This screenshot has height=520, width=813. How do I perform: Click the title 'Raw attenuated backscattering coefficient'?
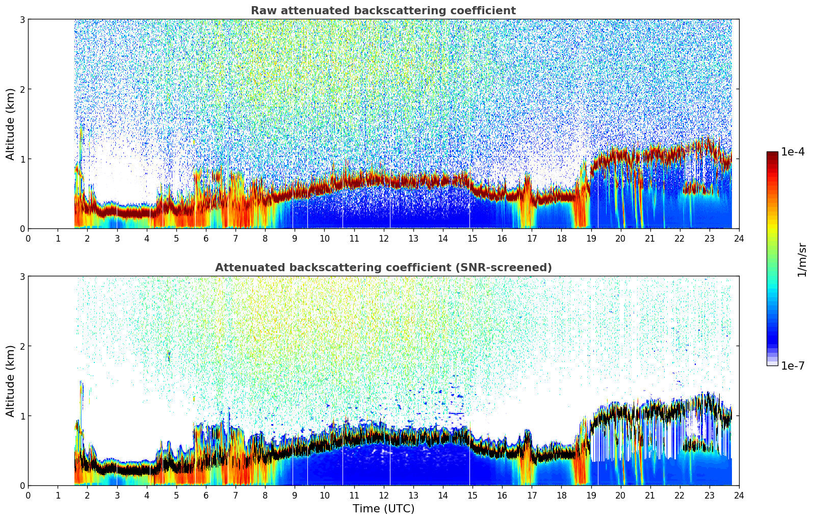pos(383,11)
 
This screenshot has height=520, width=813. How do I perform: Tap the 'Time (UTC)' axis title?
pos(383,508)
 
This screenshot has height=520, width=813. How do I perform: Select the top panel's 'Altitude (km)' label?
pos(10,124)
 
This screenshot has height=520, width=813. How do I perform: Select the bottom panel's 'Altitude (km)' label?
pos(10,381)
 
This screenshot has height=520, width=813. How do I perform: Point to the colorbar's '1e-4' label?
pos(793,152)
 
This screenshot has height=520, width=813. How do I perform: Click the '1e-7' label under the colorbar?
pos(793,366)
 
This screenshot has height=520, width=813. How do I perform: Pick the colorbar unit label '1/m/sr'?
pos(802,259)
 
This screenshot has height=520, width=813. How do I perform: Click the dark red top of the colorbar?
pos(772,154)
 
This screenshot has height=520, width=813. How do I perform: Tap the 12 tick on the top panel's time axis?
pos(383,239)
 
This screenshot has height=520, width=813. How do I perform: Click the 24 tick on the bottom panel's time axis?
pos(739,496)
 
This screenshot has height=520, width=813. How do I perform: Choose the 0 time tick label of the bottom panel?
pos(28,496)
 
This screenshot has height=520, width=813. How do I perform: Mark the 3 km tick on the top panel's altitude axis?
pos(22,19)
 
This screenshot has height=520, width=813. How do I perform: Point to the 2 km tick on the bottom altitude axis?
pos(22,346)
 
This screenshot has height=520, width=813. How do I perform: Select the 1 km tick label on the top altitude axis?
pos(22,159)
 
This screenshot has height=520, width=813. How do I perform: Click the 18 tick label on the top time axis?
pos(561,239)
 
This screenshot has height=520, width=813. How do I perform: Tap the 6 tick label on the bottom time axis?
pos(206,496)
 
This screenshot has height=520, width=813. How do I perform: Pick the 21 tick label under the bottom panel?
pos(650,496)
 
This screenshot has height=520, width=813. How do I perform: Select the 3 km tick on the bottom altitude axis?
pos(22,276)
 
